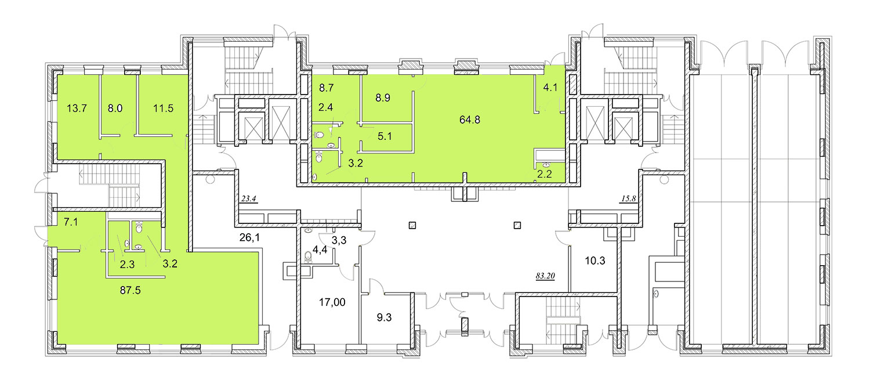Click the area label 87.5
(x=130, y=290)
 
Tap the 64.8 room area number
(x=470, y=120)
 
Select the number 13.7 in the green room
(x=77, y=108)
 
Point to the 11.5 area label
(x=163, y=108)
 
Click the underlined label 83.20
(x=545, y=276)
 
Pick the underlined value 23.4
(x=249, y=198)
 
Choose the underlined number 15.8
(x=628, y=198)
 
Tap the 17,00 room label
(x=332, y=302)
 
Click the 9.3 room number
(x=384, y=317)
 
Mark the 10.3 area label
(x=595, y=261)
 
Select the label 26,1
(x=250, y=237)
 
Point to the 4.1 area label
(x=550, y=88)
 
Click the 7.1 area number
(x=71, y=222)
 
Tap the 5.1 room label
(x=385, y=136)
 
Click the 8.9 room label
(x=383, y=98)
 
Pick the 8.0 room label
(x=115, y=108)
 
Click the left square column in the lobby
(x=412, y=225)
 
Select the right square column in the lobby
(x=517, y=225)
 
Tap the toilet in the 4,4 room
(x=309, y=256)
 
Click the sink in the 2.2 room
(x=546, y=165)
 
